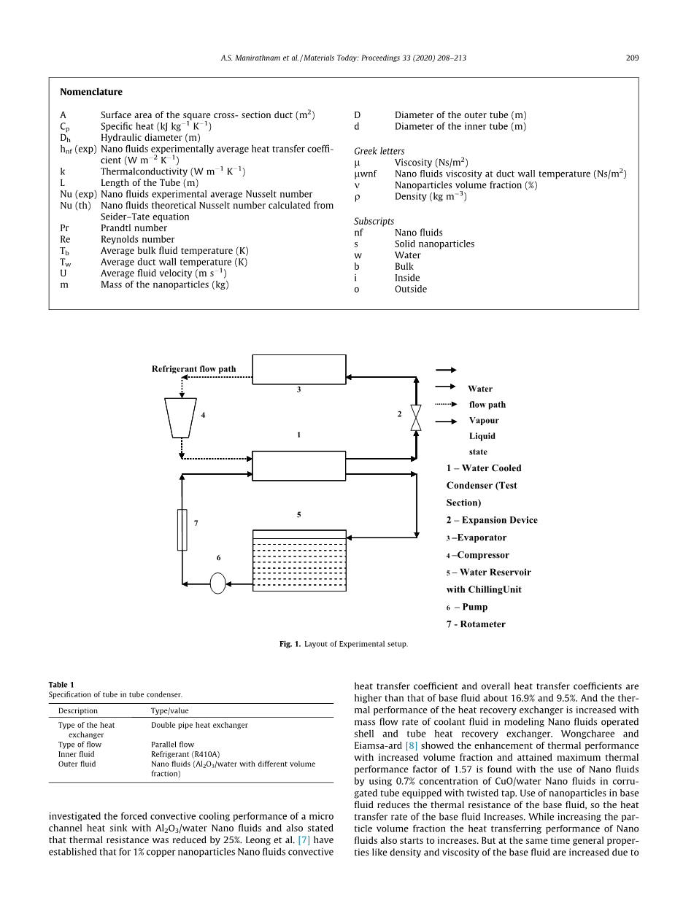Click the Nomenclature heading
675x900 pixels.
pos(91,92)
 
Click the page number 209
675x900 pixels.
pos(632,58)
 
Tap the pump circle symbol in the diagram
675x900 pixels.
pos(218,583)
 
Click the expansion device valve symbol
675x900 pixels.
pos(416,417)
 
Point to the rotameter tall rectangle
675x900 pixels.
pos(182,529)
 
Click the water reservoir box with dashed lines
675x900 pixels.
pos(298,561)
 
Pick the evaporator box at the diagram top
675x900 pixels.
pos(298,369)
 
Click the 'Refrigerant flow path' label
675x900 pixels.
pos(193,369)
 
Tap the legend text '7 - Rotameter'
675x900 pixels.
pos(476,624)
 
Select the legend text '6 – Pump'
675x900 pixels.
pos(467,607)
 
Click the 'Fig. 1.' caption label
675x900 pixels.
pos(290,644)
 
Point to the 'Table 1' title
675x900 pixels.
pos(61,685)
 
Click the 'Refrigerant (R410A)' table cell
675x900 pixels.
pos(185,754)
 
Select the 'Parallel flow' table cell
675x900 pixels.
pos(172,745)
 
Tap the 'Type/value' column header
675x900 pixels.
pos(169,710)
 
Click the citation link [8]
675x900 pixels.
pos(411,745)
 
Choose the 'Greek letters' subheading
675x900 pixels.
pos(379,151)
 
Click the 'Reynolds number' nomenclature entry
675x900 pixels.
pos(137,239)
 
